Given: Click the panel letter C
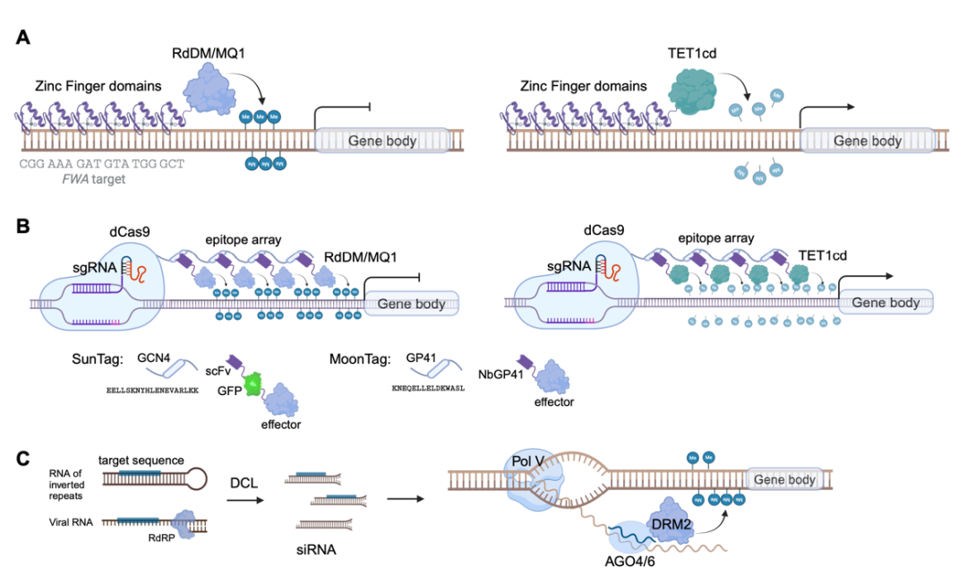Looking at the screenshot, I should (x=24, y=458).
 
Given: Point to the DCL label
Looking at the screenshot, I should (x=244, y=483).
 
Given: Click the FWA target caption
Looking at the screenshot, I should (x=88, y=179).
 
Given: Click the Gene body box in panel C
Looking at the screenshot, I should (x=784, y=480).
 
